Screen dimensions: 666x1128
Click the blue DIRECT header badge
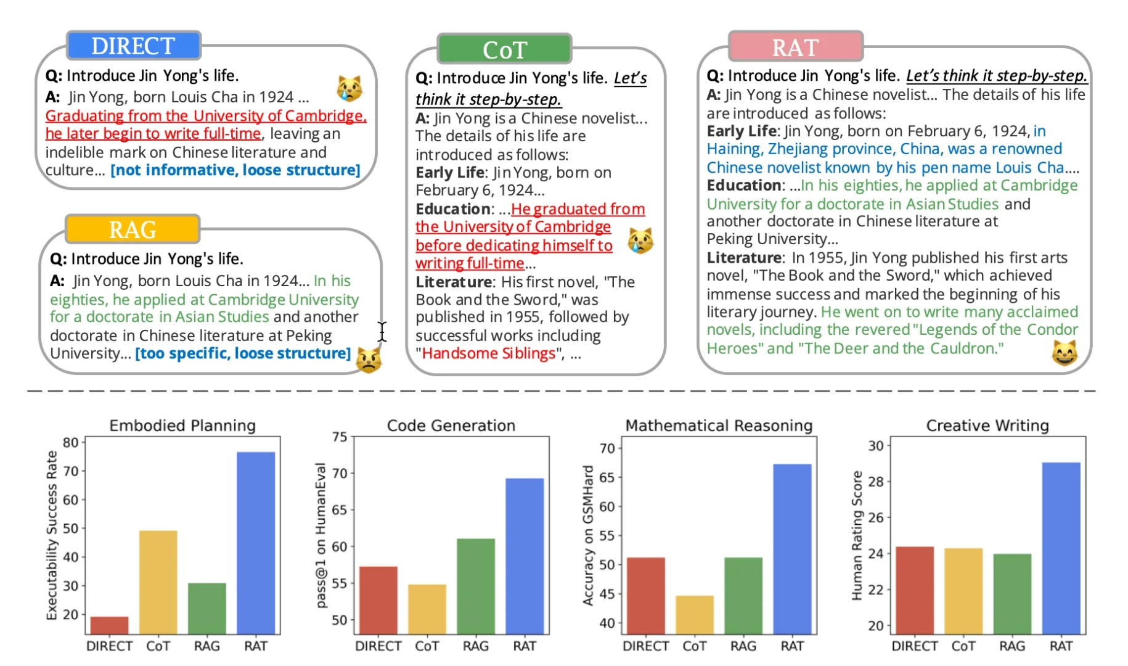(x=133, y=46)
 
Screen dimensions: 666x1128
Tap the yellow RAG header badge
(x=133, y=229)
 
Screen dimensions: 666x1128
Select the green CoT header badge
(x=504, y=49)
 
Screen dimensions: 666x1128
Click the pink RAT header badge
(x=795, y=47)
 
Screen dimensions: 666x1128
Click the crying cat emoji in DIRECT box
(x=349, y=89)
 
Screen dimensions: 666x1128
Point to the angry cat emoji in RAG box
(x=368, y=360)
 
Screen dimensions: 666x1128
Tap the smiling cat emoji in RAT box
(x=1065, y=353)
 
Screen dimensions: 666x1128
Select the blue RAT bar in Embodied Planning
(x=256, y=543)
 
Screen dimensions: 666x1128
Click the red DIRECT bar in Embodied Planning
(x=109, y=625)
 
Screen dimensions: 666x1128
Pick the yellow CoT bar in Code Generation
(x=427, y=609)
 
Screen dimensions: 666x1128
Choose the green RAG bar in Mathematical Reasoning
(x=743, y=595)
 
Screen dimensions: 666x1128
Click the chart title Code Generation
(x=451, y=425)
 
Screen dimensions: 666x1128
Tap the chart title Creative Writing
(x=987, y=425)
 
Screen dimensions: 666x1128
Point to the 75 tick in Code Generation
(x=340, y=437)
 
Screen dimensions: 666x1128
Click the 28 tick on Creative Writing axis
(x=876, y=481)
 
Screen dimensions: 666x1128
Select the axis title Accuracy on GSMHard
(x=588, y=535)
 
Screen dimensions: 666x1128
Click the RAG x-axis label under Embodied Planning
(x=206, y=646)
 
